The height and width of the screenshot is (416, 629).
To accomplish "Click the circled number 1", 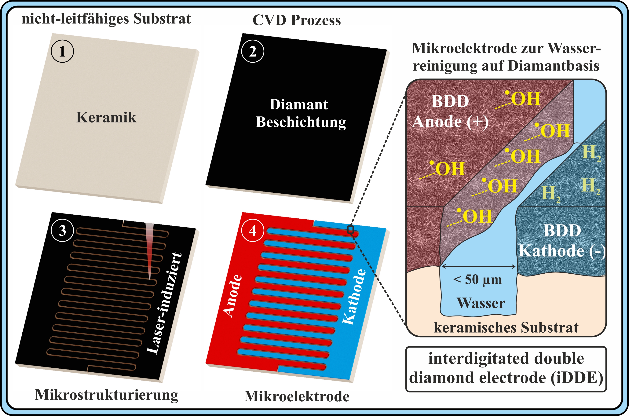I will [x=62, y=51].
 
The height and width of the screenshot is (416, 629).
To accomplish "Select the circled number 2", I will [x=253, y=51].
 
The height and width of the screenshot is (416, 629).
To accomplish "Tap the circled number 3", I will [x=62, y=230].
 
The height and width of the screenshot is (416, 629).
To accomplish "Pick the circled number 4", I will [x=253, y=230].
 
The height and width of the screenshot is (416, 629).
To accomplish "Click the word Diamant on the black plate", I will [x=299, y=104].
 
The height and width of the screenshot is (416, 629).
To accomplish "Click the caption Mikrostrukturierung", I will [x=106, y=395].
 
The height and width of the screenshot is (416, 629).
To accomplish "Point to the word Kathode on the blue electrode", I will [x=354, y=297].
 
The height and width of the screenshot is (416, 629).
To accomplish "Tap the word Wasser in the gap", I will [x=481, y=303].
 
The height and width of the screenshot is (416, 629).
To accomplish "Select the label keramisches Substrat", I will [x=506, y=327].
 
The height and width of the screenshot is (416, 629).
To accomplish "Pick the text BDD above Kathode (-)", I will [x=562, y=230].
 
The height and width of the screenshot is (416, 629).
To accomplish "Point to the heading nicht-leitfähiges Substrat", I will [x=106, y=19].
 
